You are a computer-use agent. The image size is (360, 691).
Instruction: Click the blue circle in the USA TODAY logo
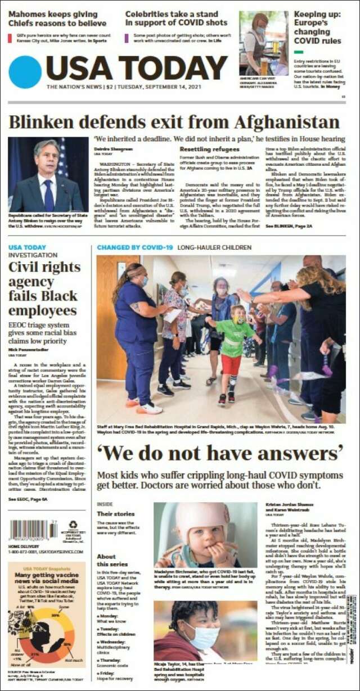click(x=25, y=72)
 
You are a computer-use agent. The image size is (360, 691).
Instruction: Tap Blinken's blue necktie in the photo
click(x=49, y=195)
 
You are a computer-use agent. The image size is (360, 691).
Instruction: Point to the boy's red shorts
click(x=230, y=364)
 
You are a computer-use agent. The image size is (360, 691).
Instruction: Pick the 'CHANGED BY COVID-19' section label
click(x=134, y=247)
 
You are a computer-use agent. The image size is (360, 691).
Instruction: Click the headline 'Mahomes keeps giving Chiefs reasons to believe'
click(x=57, y=19)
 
